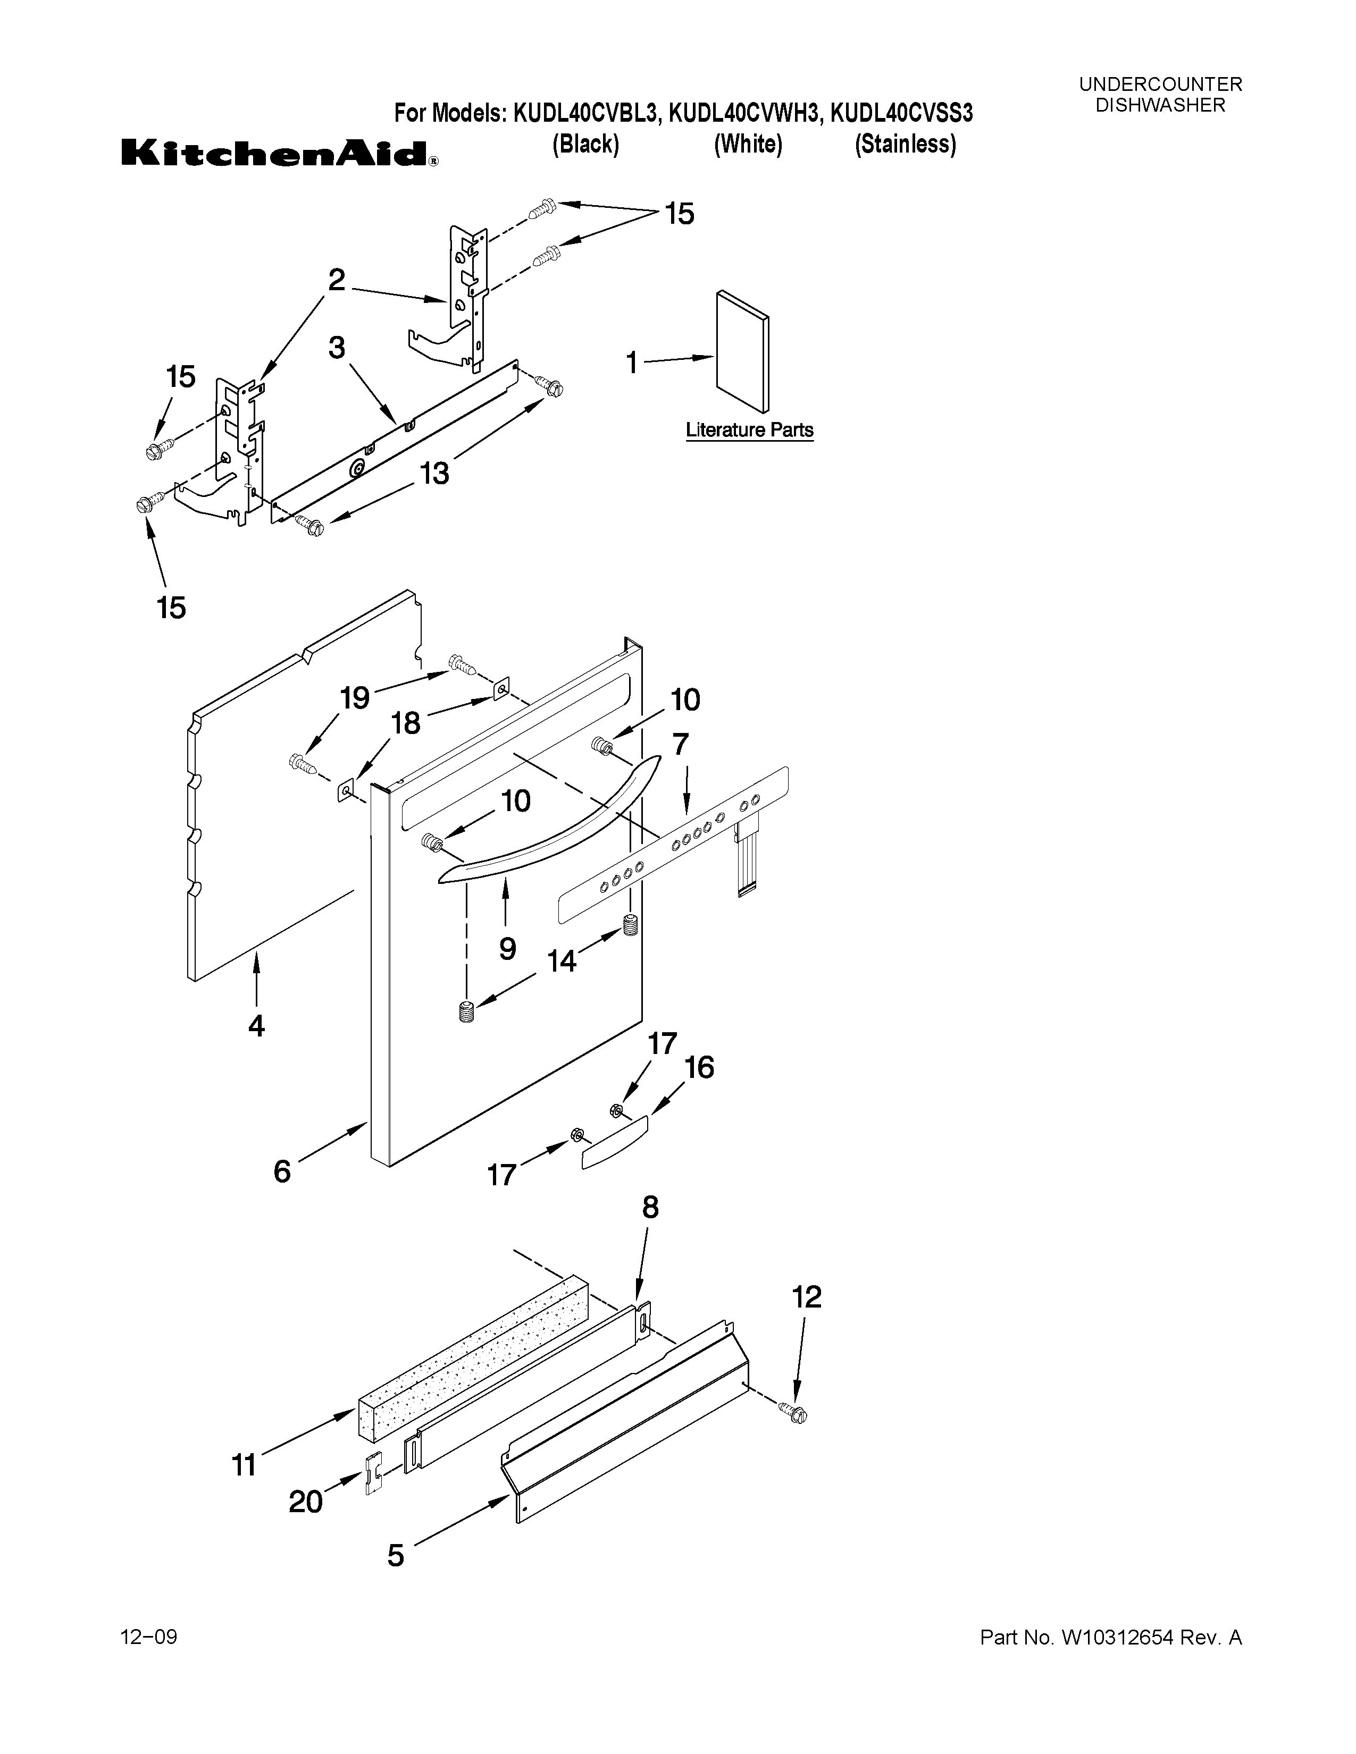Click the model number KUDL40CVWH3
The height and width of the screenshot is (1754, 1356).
click(x=744, y=113)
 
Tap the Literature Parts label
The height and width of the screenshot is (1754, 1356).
click(x=749, y=431)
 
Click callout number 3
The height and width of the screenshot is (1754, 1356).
click(x=337, y=348)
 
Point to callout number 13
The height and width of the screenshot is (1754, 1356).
click(x=434, y=474)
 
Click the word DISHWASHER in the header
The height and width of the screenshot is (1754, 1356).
click(x=1160, y=105)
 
